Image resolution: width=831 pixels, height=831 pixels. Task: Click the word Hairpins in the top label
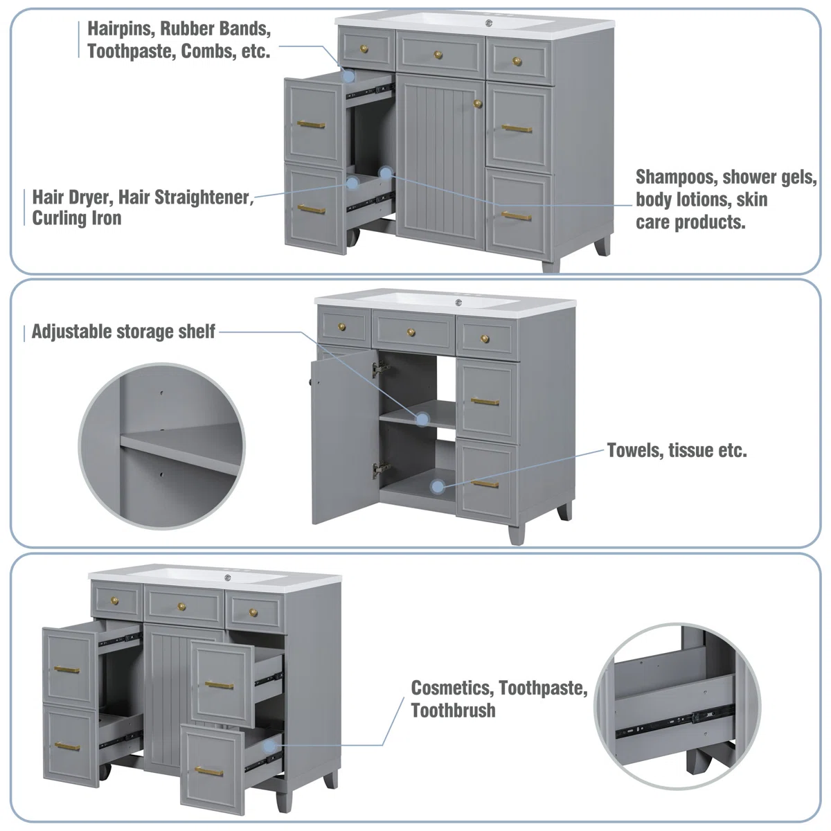pos(120,29)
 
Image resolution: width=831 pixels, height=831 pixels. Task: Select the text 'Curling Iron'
pos(77,218)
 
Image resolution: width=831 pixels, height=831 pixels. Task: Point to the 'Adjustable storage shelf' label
pos(123,332)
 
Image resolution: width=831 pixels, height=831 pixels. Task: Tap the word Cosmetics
pos(452,688)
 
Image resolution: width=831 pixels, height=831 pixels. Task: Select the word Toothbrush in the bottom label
pos(453,711)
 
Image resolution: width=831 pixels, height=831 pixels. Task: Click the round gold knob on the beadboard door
pos(477,103)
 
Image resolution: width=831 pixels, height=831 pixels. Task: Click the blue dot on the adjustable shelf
pos(422,419)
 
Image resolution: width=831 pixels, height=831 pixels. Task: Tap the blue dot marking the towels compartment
pos(438,487)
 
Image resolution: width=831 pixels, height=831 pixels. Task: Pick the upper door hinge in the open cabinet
pos(380,368)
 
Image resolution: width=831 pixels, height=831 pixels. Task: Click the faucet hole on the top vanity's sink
pos(489,22)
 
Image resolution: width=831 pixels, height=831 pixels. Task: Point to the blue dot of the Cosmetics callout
pos(269,746)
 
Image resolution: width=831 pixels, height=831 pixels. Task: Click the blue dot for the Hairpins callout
pos(349,76)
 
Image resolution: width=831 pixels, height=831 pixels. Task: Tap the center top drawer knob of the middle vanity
pos(411,332)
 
